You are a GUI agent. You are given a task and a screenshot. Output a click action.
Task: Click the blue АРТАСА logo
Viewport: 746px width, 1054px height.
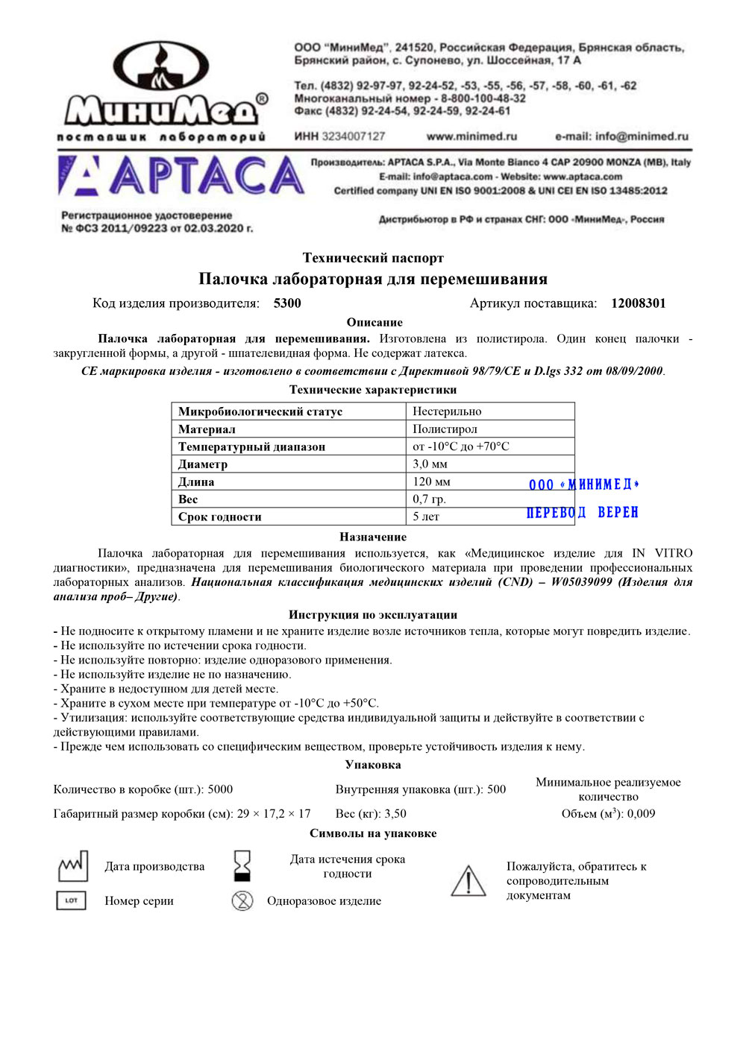tap(181, 177)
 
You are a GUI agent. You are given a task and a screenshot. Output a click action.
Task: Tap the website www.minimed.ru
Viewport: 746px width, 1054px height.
tap(471, 136)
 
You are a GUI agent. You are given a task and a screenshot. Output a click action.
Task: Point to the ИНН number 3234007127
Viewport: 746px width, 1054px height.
tap(353, 136)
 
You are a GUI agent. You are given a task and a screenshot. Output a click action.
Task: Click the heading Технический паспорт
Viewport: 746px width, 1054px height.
tap(373, 258)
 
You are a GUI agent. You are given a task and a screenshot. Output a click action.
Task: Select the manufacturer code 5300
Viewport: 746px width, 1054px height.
tap(287, 303)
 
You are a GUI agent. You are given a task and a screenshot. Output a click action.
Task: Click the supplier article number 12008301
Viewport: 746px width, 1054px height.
tap(638, 303)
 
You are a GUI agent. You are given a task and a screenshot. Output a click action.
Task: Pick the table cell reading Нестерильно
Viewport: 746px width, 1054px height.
tap(447, 411)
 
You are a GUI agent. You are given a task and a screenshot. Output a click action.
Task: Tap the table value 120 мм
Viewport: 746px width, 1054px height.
tap(431, 482)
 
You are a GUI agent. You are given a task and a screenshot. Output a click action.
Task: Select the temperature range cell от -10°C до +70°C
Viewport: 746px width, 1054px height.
tap(461, 446)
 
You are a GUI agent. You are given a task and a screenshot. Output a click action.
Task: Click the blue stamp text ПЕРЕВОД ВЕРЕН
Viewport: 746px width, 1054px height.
tap(583, 513)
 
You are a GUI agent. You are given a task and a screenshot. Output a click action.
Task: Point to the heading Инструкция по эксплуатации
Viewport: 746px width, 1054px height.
tap(373, 615)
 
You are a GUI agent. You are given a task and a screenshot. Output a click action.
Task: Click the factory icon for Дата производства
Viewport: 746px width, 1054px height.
tap(73, 866)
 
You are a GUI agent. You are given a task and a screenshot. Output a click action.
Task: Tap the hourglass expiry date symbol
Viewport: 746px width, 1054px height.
tap(242, 866)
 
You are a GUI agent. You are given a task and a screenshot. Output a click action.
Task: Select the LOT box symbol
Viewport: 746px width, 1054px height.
tap(72, 900)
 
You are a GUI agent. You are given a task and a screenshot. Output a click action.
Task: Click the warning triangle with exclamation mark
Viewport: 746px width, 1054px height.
tap(468, 880)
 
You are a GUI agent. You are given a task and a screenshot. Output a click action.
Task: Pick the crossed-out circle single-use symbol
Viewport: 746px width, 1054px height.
tap(242, 900)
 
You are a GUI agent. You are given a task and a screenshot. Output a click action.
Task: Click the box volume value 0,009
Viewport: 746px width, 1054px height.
tap(641, 814)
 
